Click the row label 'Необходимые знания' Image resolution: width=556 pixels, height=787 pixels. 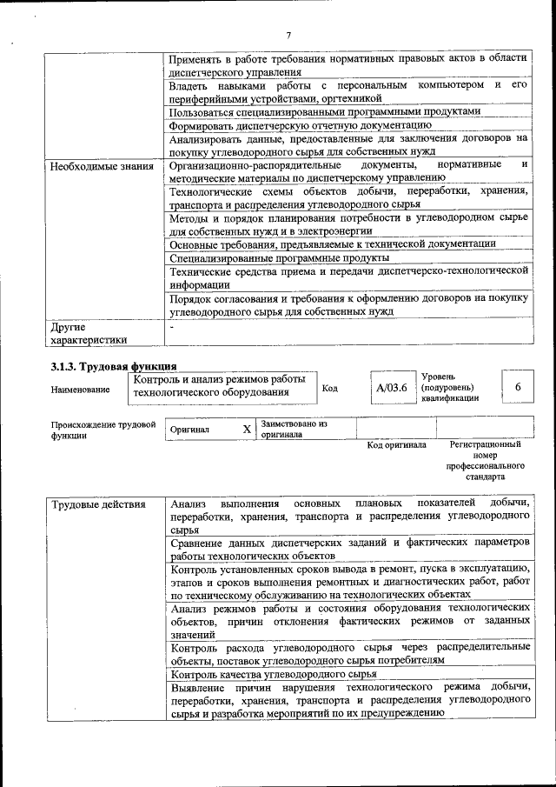tap(102, 165)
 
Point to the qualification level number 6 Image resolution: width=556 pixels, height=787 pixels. tap(518, 387)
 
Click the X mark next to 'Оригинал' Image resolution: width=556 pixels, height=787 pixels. tap(247, 429)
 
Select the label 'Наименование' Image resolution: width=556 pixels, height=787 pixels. tap(81, 390)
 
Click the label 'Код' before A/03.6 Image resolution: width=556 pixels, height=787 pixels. tap(330, 388)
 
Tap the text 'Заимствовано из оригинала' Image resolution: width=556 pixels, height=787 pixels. tap(295, 429)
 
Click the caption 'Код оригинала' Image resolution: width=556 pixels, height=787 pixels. tap(396, 445)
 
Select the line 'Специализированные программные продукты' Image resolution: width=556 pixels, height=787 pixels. tap(279, 258)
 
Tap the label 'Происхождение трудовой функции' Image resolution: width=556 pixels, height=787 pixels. tap(103, 430)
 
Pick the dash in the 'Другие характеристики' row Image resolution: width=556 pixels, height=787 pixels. tap(173, 328)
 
